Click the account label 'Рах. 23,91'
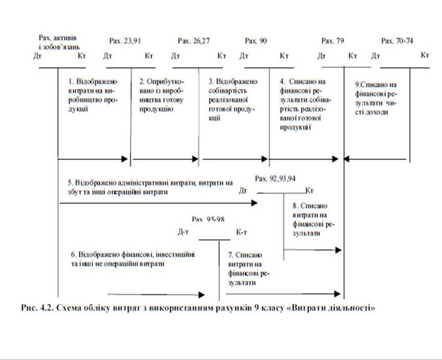pyautogui.click(x=125, y=41)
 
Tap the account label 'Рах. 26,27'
pyautogui.click(x=193, y=41)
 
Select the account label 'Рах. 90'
pyautogui.click(x=256, y=41)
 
